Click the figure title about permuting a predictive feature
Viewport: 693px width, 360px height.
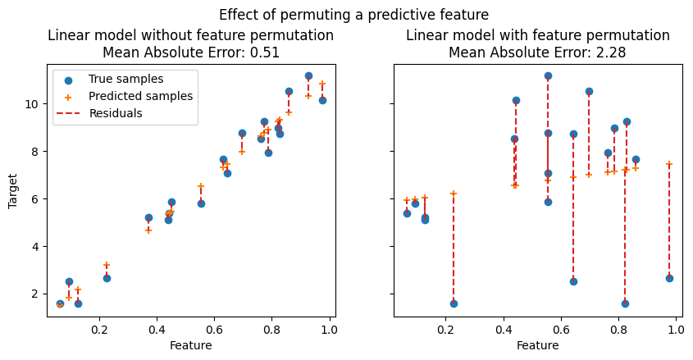[353, 15]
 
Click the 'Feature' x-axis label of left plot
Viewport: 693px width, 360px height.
[190, 345]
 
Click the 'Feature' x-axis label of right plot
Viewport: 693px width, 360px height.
[537, 345]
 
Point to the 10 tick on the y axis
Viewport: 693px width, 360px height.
[32, 104]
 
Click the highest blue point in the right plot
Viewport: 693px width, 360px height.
[548, 76]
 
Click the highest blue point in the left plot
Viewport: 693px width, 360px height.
[308, 76]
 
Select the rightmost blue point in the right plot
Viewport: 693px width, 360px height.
[669, 278]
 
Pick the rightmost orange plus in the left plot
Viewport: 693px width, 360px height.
[322, 84]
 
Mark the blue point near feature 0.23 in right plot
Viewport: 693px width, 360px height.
[454, 303]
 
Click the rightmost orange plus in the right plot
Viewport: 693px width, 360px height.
[669, 164]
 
